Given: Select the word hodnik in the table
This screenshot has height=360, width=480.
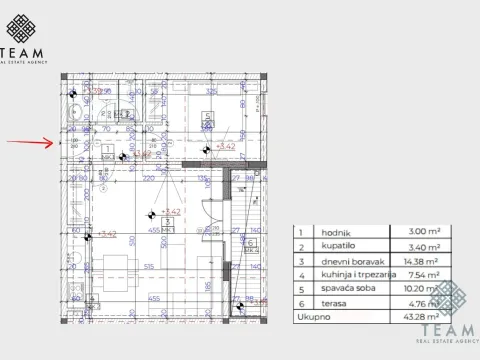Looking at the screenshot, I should tap(326, 230).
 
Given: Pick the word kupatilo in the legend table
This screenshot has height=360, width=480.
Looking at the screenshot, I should tap(327, 244).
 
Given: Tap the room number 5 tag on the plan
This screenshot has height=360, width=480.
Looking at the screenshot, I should tap(207, 117).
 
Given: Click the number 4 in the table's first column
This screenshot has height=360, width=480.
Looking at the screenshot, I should tap(298, 273).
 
